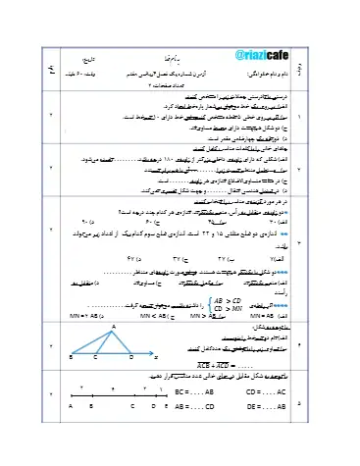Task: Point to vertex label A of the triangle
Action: (114, 326)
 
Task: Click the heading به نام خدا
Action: (173, 61)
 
